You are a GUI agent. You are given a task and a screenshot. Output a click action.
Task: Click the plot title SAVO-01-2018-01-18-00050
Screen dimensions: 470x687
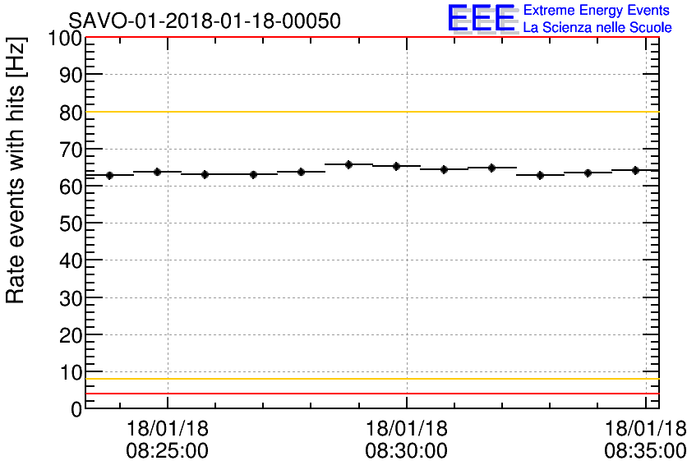[205, 21]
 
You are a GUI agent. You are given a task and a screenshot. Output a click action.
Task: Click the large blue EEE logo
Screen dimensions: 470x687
[482, 19]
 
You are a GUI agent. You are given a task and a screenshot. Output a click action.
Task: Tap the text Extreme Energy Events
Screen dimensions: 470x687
[597, 11]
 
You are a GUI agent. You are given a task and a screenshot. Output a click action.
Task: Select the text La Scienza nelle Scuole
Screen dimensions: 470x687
[597, 28]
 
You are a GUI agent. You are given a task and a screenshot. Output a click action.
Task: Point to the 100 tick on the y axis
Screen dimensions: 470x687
[64, 39]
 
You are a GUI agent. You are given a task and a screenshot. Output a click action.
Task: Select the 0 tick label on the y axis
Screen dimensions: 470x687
[76, 408]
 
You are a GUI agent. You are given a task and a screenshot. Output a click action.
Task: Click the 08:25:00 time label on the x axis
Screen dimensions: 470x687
[167, 451]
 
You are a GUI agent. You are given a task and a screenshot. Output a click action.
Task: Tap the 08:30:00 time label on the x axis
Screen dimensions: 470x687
[407, 451]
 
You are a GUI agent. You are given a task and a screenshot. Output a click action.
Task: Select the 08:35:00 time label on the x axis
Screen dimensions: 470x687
[646, 451]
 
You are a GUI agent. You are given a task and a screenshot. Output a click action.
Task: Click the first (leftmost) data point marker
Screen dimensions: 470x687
[109, 175]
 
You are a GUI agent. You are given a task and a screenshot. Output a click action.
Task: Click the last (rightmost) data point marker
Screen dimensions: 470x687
[636, 170]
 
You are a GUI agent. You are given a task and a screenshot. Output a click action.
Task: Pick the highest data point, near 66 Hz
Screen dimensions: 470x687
[349, 164]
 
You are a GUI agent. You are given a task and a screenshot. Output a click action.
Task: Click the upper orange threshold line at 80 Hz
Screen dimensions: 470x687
[370, 112]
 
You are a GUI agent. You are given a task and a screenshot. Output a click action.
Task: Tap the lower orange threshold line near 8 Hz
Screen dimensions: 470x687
[370, 379]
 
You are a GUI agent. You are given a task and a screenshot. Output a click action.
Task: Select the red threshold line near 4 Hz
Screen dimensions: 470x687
[370, 394]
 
